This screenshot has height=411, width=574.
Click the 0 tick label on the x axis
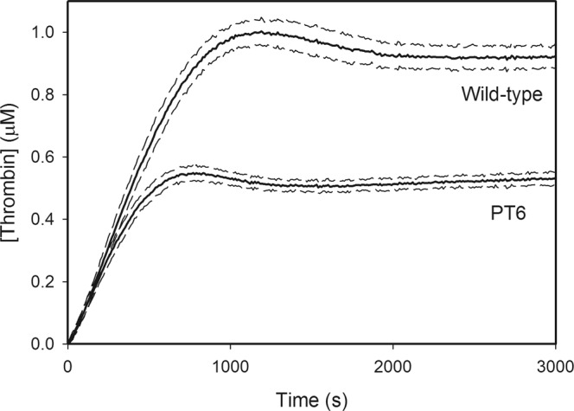(x=67, y=363)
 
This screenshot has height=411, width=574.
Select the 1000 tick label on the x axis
(x=231, y=363)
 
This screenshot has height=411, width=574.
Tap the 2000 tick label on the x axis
(x=394, y=363)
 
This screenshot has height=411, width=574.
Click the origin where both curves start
(x=67, y=344)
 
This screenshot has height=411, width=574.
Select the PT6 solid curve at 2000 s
(x=394, y=183)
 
